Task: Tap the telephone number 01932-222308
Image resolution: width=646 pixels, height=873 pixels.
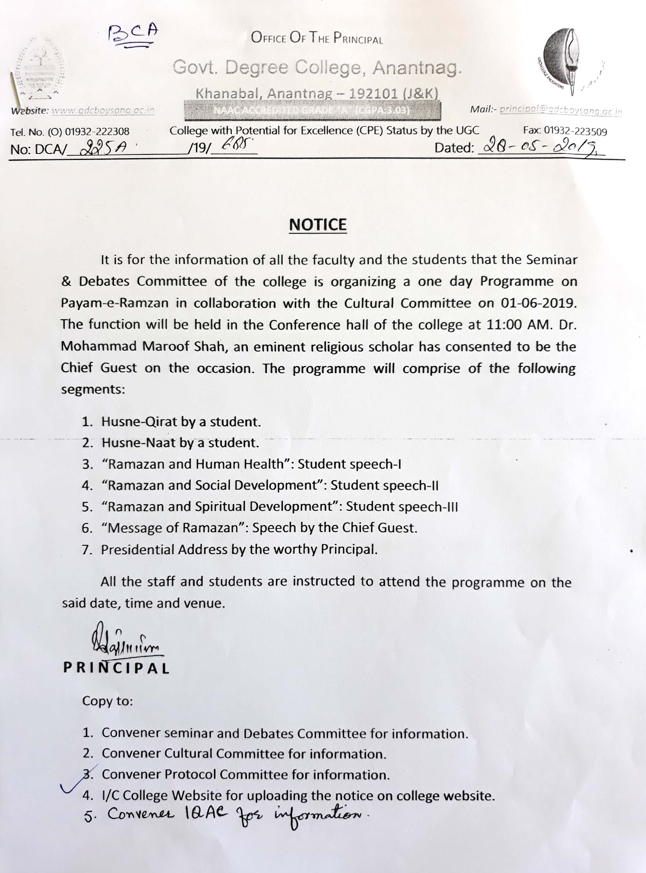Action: point(97,132)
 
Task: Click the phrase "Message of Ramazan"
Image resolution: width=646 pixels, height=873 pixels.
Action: point(173,528)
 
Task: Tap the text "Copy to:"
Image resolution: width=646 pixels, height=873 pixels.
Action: point(108,701)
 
